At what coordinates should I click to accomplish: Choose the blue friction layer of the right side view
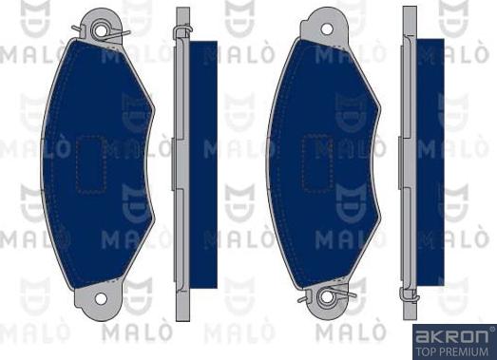(x=430, y=161)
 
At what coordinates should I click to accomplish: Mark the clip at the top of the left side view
(x=181, y=34)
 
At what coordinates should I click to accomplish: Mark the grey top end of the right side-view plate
(x=410, y=17)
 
